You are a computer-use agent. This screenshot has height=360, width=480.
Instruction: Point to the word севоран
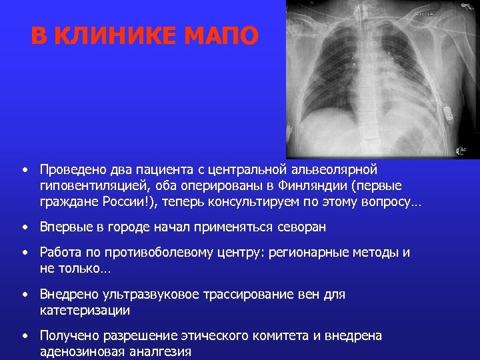(303, 227)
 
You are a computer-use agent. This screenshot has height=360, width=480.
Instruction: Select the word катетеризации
(85, 310)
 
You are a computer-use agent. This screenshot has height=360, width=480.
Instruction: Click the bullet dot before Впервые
(24, 227)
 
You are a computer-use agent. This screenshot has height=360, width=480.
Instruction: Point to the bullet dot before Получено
(24, 335)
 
